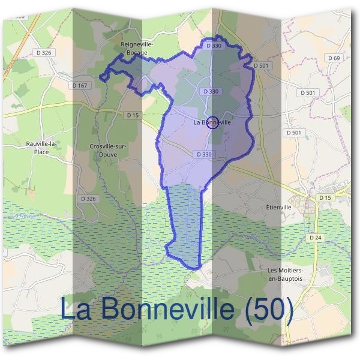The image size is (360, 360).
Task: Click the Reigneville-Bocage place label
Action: [137, 49]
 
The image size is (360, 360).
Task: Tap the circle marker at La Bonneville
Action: [212, 122]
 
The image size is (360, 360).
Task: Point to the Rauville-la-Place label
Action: [41, 148]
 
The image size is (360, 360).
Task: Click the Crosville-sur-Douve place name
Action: [106, 150]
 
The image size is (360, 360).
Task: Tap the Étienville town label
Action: [278, 207]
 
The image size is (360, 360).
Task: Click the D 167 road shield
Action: [79, 85]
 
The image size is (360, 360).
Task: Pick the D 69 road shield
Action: [334, 58]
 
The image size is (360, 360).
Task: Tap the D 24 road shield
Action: [316, 238]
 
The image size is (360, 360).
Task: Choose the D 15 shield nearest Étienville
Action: [325, 197]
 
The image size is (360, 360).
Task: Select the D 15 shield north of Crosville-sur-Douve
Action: [133, 115]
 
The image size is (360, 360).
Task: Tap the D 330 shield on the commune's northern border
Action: [214, 46]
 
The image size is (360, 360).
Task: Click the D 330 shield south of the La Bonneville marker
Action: [203, 154]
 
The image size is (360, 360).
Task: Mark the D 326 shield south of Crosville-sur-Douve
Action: [88, 198]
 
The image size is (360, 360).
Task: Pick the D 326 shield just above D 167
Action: [44, 53]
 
